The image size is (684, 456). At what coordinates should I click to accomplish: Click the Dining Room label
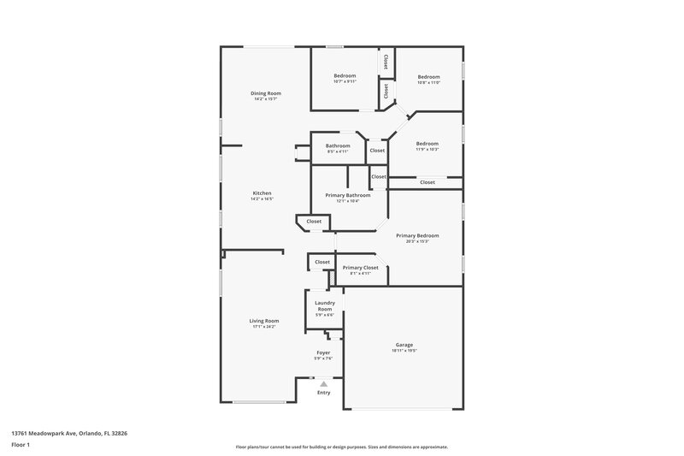265,93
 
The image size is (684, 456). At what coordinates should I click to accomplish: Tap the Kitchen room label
262,193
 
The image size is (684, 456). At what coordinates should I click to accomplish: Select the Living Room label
264,321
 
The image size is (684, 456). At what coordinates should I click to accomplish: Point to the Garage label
403,345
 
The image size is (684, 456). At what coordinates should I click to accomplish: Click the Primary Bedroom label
417,235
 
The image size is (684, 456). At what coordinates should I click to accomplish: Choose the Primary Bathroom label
347,195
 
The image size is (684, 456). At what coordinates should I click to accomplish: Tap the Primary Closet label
360,268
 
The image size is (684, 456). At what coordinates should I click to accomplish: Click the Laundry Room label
325,305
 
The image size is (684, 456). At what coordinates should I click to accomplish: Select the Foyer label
323,352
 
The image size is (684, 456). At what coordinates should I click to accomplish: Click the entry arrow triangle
323,384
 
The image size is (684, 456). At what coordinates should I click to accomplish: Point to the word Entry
323,393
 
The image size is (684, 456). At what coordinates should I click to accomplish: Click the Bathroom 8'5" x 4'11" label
338,145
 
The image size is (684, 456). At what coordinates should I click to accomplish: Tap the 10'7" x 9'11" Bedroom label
345,76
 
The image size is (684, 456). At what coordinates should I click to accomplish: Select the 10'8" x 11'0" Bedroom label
428,76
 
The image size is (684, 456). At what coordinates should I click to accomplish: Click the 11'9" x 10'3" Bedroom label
427,144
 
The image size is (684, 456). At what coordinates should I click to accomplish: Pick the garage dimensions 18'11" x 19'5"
403,351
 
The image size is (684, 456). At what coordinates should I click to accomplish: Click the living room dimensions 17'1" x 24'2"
264,327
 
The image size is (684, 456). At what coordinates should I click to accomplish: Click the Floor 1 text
21,446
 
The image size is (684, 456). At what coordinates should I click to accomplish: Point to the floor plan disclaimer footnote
341,447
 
